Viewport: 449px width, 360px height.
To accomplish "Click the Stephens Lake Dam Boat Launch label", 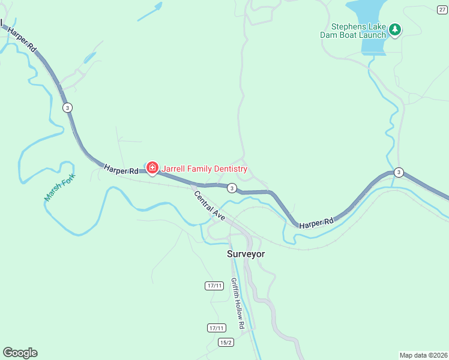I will (358, 31).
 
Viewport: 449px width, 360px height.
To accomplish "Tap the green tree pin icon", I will (394, 29).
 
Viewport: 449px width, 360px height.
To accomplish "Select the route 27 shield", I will (442, 10).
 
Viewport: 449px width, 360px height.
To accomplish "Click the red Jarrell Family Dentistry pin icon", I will (152, 168).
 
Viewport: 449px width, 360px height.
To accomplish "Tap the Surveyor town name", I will (246, 254).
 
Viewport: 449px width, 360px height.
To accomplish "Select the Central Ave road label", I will (209, 205).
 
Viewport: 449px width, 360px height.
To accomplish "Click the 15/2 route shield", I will (226, 341).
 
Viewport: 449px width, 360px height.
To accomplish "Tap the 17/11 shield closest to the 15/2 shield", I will (216, 328).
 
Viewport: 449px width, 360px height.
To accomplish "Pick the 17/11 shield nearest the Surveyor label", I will (214, 286).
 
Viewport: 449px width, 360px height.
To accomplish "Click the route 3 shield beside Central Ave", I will (232, 188).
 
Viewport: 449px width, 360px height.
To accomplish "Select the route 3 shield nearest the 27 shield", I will (399, 173).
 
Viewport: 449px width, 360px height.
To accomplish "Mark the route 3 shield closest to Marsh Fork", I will (68, 107).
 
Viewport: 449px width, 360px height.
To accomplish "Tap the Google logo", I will (20, 353).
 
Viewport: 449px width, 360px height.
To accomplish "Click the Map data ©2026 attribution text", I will (423, 355).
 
